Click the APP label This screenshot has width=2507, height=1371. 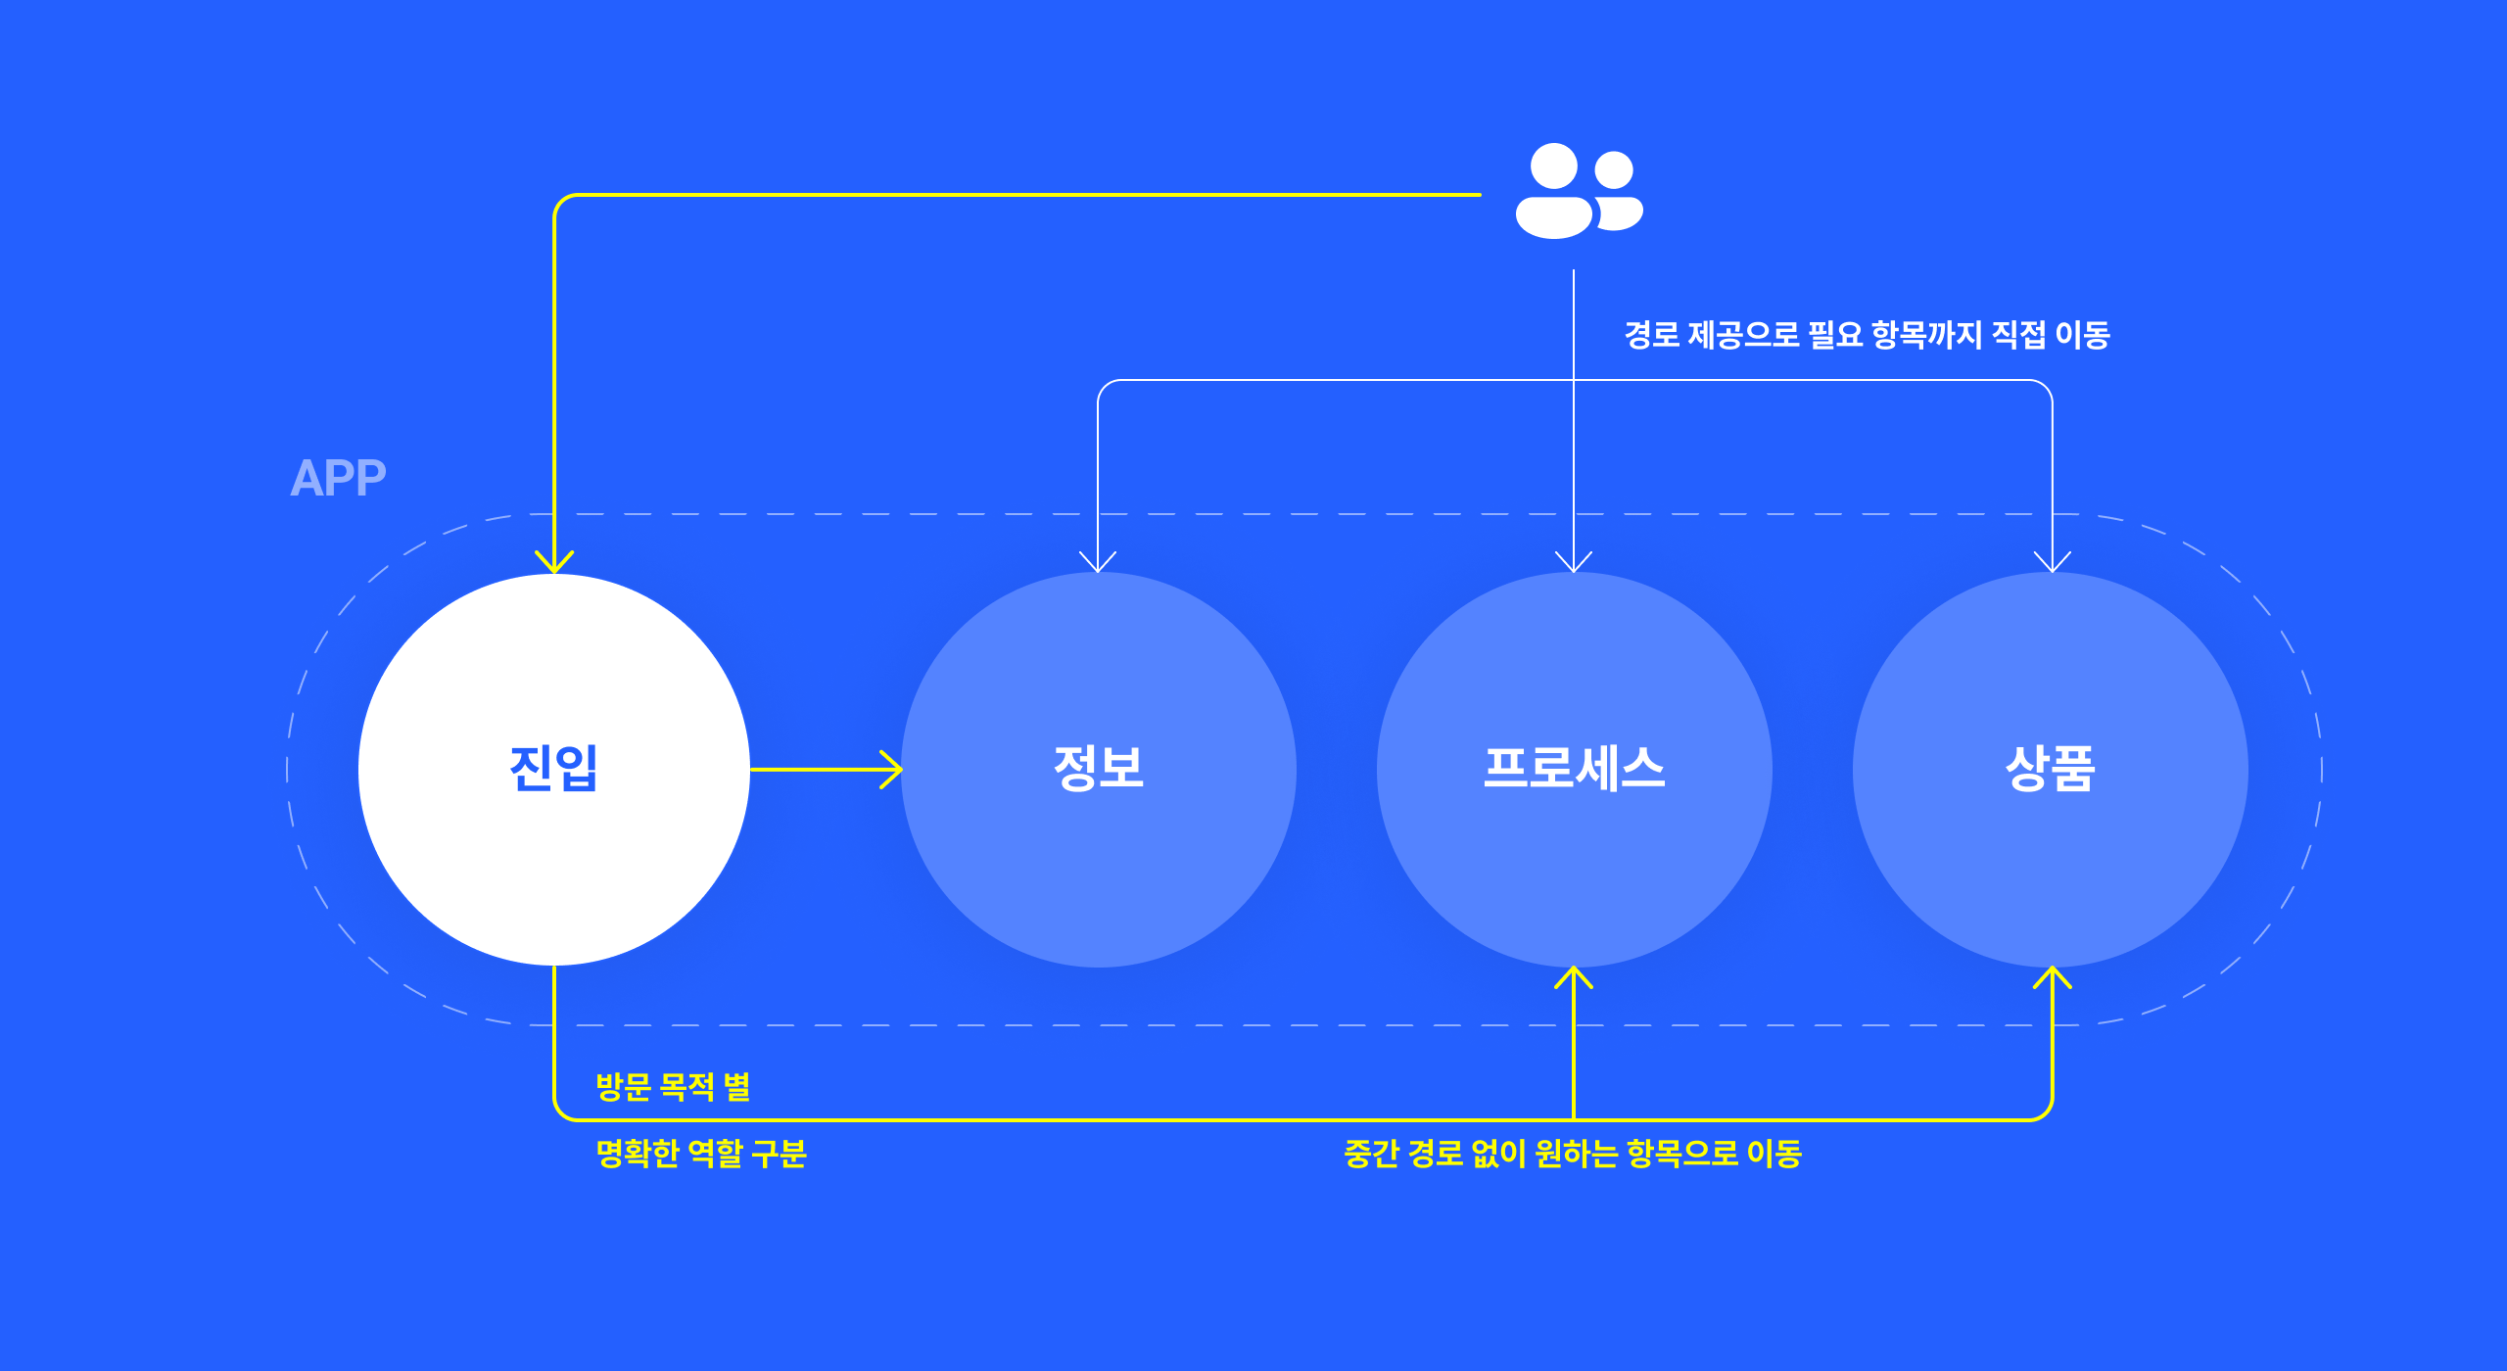click(338, 479)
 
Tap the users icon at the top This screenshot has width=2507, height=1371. click(1580, 191)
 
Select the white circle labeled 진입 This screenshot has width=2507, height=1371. click(554, 770)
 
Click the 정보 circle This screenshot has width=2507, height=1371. click(1099, 770)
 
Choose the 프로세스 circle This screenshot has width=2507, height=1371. click(1575, 770)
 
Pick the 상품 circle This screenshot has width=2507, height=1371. click(2051, 770)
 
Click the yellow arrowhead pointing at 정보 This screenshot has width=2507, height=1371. click(891, 770)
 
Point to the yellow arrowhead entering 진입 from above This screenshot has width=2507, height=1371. click(554, 562)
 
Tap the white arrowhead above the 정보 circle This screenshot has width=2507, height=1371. click(1098, 561)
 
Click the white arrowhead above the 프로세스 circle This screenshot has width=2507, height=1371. click(1574, 561)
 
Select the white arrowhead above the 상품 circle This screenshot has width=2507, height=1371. click(2053, 561)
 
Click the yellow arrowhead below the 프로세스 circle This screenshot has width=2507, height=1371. click(1574, 977)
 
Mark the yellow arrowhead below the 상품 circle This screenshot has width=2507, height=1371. click(2053, 977)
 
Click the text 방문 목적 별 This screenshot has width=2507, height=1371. click(673, 1087)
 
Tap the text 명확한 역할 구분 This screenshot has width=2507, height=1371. click(701, 1154)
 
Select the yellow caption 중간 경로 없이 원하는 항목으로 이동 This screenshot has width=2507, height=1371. click(1573, 1154)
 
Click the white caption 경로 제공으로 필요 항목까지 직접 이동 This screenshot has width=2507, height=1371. click(1868, 335)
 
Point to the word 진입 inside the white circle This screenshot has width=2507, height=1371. click(554, 768)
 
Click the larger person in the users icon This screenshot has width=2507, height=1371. click(1554, 191)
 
